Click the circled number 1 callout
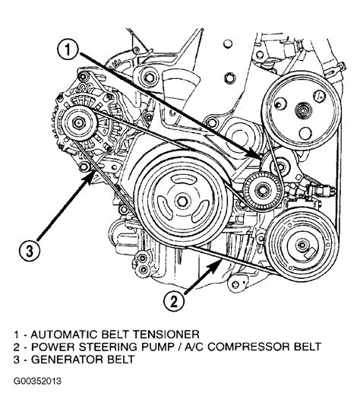[68, 50]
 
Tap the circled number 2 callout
[174, 302]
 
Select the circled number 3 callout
[30, 250]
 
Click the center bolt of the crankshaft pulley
[182, 201]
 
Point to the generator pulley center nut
[78, 123]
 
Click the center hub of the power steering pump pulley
[303, 110]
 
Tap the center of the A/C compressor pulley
[302, 246]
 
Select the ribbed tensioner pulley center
[263, 191]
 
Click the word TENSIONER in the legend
[166, 334]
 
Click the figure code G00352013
[37, 381]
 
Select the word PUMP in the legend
[158, 347]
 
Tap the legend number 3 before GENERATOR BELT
[16, 360]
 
